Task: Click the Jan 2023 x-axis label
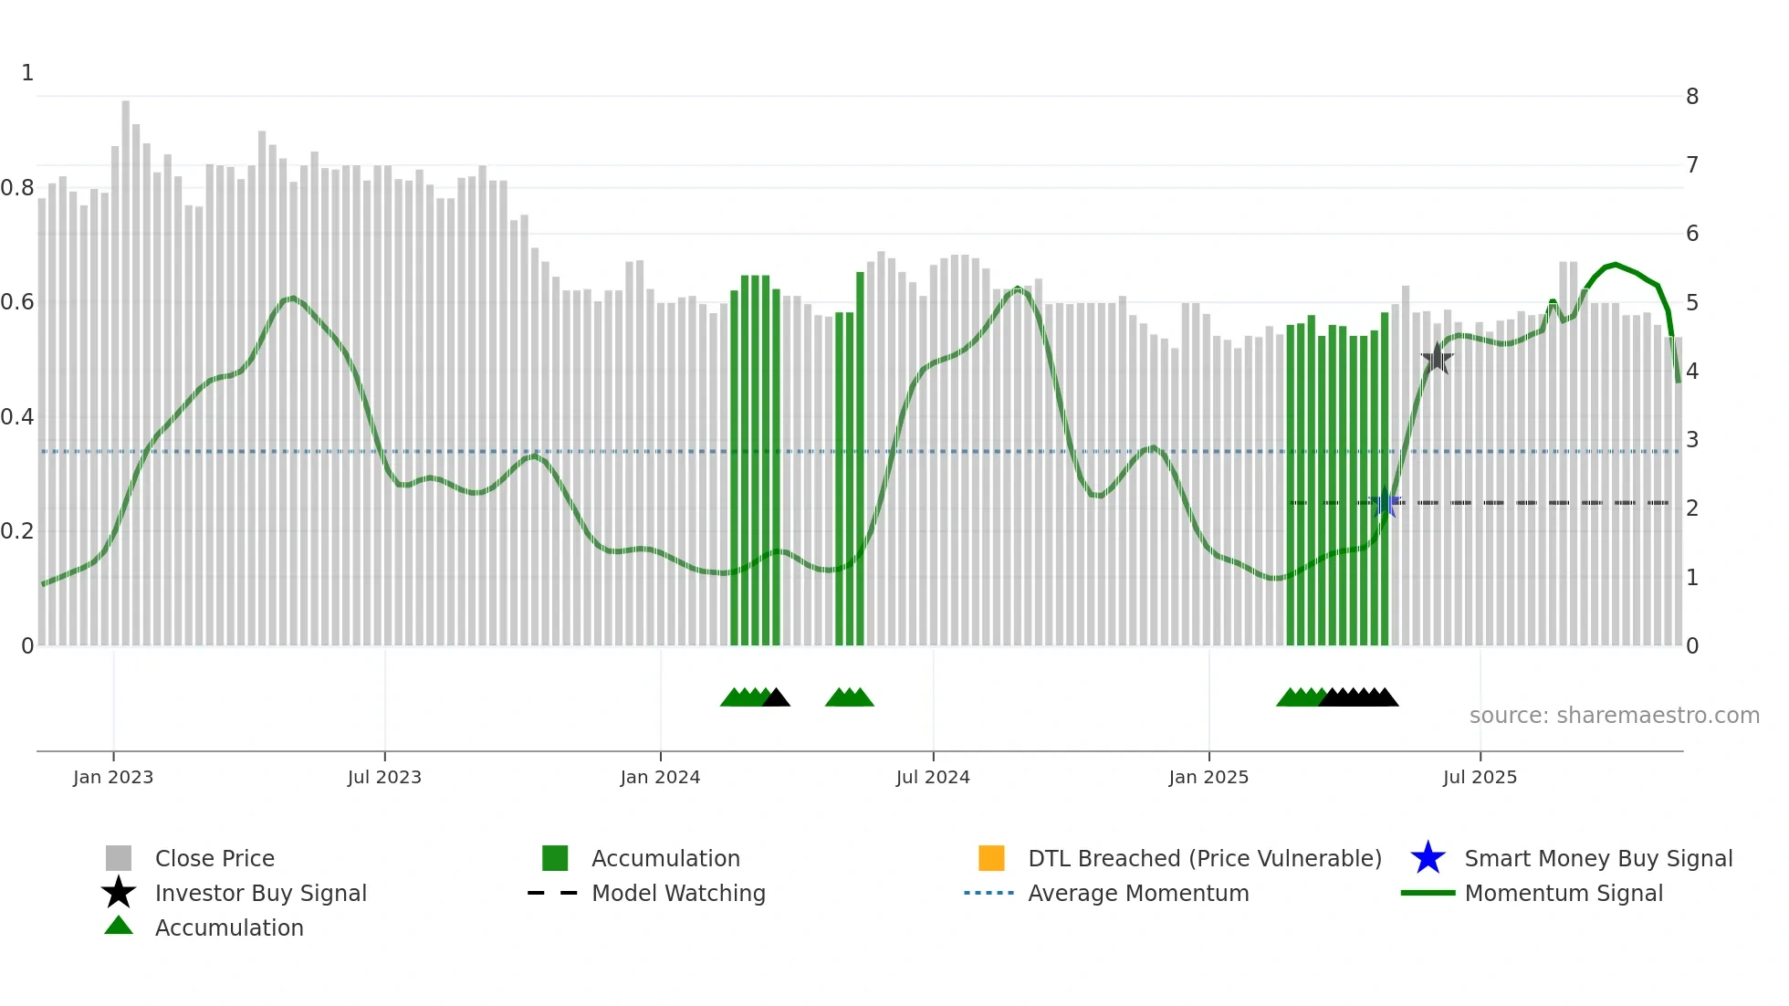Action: click(113, 777)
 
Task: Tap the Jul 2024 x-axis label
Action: click(933, 777)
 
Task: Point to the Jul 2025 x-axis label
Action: click(1480, 777)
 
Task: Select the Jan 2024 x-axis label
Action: click(660, 777)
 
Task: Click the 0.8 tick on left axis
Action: click(17, 188)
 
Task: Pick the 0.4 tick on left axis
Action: click(17, 417)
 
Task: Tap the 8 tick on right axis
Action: click(1692, 97)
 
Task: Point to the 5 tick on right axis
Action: click(1692, 302)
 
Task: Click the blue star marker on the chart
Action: click(1386, 502)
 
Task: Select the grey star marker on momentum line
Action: click(1438, 359)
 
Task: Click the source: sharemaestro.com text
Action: click(1614, 715)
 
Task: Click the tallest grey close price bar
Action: click(126, 365)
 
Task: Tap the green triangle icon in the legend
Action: click(119, 926)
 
